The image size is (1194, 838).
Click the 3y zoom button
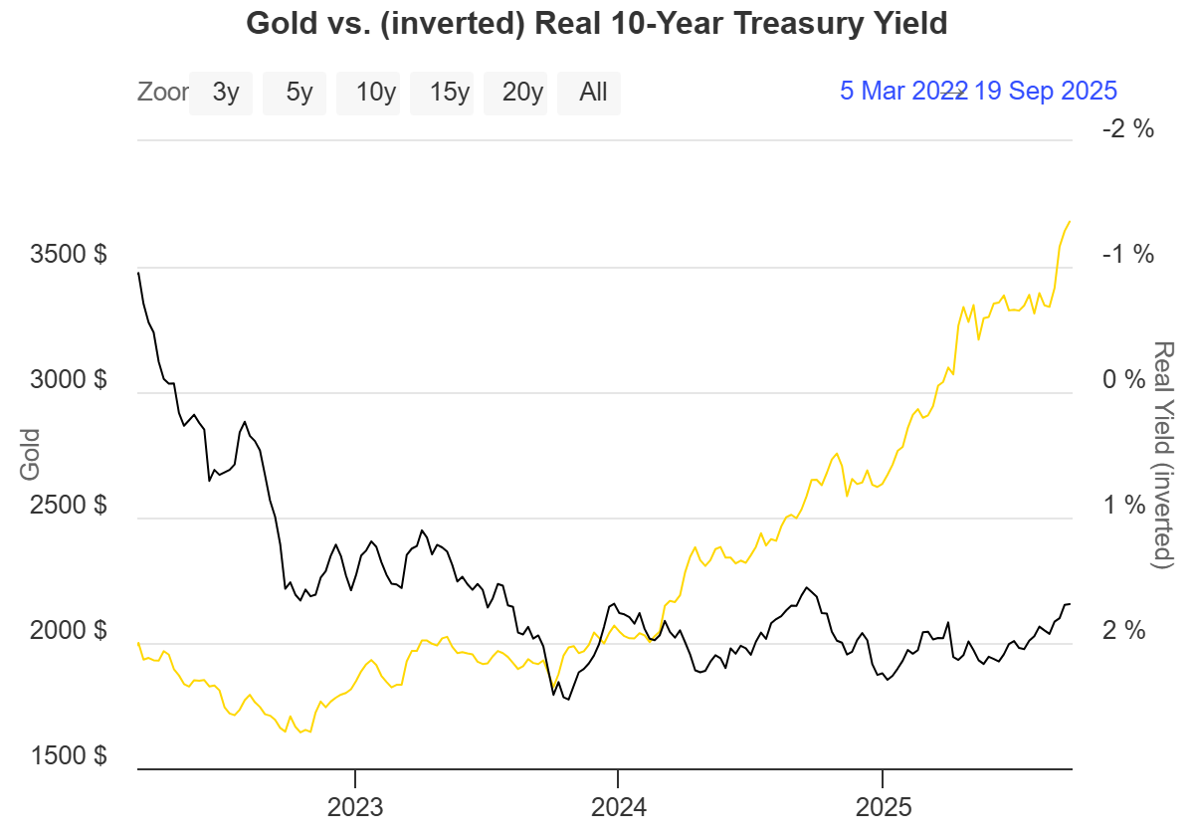(225, 93)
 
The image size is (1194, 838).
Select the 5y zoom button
(298, 93)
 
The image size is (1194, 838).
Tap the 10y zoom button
(375, 93)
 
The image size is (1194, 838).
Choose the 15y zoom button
(449, 93)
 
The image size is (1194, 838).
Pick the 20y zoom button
(522, 93)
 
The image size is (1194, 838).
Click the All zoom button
(593, 93)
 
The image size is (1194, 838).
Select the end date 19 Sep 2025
(1046, 91)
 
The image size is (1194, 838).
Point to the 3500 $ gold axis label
(71, 254)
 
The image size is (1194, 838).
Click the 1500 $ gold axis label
(71, 755)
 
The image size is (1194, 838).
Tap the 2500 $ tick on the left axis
(71, 505)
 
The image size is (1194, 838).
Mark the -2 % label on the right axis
(1127, 128)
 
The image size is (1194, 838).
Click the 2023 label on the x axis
(355, 803)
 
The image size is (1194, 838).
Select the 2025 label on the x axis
(883, 803)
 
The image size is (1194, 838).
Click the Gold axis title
(30, 454)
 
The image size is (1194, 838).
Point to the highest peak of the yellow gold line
(1070, 221)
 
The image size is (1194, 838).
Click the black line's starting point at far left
(138, 272)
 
